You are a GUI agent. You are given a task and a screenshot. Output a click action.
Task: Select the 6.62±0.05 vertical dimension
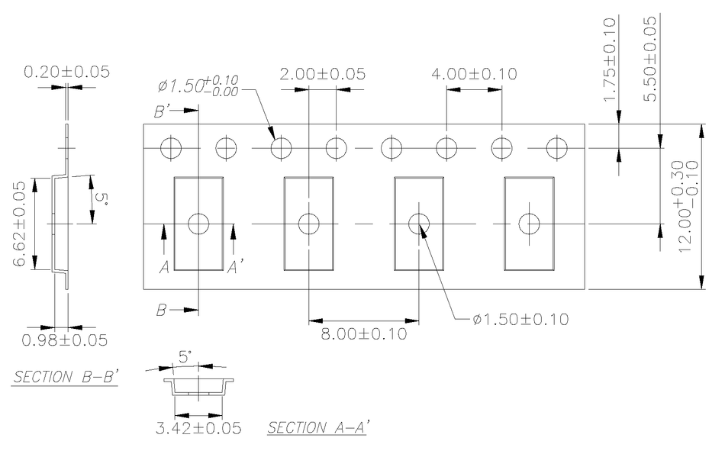point(23,224)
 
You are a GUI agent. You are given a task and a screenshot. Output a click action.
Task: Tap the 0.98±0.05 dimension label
point(64,340)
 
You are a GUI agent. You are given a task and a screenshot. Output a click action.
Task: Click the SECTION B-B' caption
point(64,377)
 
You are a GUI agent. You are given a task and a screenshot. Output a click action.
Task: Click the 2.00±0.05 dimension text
point(322,74)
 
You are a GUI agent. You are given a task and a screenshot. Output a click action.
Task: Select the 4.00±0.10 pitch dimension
point(474,74)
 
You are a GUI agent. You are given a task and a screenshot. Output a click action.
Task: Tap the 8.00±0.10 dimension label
point(363,333)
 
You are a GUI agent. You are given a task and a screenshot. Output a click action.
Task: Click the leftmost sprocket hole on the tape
point(171,147)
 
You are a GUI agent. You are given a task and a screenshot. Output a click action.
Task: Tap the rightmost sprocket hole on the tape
point(557,147)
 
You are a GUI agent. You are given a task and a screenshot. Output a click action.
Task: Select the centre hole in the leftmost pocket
point(198,224)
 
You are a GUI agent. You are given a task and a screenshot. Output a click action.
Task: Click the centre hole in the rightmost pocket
point(529,224)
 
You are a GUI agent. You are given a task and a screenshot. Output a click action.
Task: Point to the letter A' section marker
point(236,267)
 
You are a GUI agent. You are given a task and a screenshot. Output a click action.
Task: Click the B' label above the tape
point(163,111)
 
